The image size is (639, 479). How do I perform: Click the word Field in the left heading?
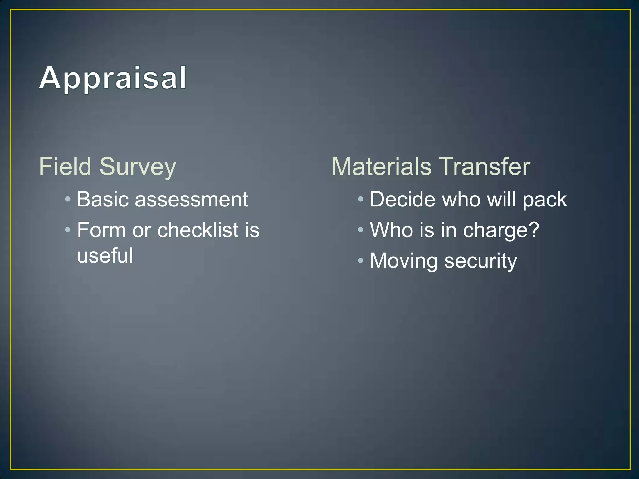pos(65,167)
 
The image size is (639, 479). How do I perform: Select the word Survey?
pos(138,167)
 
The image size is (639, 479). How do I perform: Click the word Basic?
pos(102,199)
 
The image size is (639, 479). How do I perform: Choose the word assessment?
pos(191,200)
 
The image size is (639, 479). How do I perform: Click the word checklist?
pos(198,230)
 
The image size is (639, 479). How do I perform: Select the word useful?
pos(105,256)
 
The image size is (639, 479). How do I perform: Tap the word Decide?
pos(402,199)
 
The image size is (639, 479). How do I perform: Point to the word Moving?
pos(403,261)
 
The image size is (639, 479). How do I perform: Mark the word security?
pos(480,261)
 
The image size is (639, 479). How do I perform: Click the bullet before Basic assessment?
pos(68,199)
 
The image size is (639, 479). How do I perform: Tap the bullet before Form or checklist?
pos(68,230)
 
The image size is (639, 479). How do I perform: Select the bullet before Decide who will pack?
pos(360,199)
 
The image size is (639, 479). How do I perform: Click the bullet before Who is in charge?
pos(360,230)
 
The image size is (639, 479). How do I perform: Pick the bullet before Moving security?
pos(360,260)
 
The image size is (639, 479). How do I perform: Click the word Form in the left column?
pos(101,230)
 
